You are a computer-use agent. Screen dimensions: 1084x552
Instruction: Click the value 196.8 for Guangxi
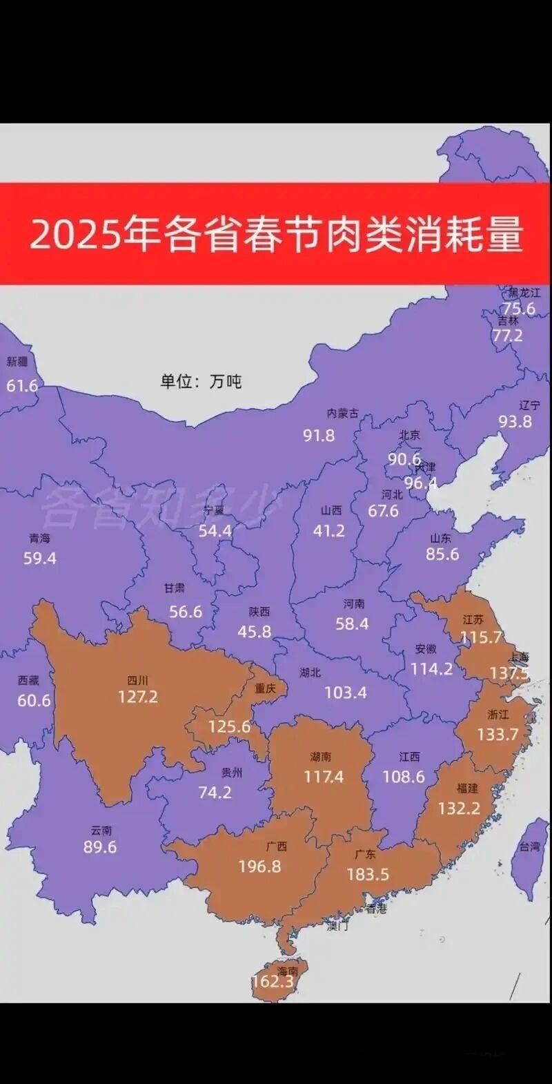[259, 866]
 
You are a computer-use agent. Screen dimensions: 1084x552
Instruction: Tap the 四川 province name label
[138, 678]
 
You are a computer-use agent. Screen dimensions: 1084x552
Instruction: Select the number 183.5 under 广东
[368, 875]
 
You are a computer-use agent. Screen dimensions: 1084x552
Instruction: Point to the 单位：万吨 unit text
[201, 381]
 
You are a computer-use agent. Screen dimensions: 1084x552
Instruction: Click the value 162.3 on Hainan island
[273, 981]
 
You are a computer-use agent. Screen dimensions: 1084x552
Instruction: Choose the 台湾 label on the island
[530, 846]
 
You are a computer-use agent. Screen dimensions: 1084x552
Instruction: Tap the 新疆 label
[17, 362]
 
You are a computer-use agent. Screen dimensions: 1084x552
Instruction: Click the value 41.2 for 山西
[328, 531]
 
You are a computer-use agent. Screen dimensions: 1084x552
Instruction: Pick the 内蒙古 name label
[343, 414]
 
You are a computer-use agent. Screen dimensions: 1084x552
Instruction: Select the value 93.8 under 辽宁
[515, 421]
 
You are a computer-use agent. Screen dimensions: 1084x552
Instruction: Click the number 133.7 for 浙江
[497, 734]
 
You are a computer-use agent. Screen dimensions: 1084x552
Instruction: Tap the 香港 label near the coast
[377, 909]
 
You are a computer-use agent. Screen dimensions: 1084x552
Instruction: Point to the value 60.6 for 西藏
[34, 700]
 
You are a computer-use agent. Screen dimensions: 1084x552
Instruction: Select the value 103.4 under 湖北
[345, 692]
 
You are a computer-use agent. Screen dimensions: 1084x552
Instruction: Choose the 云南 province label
[101, 831]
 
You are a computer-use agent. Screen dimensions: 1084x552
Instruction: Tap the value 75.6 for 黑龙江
[519, 309]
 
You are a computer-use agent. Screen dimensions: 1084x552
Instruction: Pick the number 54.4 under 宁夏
[215, 531]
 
